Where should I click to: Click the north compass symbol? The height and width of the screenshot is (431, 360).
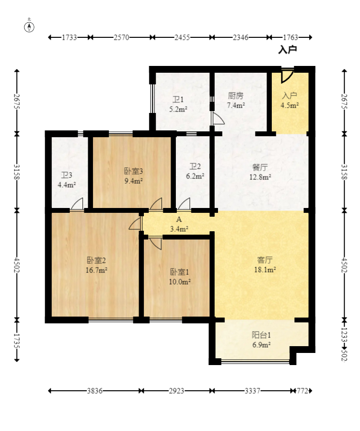[30, 26]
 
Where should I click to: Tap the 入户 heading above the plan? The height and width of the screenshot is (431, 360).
[287, 49]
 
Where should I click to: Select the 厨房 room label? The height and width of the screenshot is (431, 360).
[235, 96]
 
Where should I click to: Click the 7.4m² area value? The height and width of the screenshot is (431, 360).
[236, 105]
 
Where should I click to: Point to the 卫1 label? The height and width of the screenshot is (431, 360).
[178, 100]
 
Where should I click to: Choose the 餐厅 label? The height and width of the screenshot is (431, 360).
[260, 168]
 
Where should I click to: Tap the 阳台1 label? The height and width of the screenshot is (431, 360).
[261, 335]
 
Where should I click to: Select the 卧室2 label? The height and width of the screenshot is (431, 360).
[96, 261]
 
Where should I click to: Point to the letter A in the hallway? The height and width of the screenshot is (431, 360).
[179, 220]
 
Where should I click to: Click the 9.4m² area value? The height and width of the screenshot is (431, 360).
[133, 181]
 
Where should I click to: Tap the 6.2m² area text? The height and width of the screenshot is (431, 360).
[196, 176]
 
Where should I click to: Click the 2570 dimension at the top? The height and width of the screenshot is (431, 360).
[121, 37]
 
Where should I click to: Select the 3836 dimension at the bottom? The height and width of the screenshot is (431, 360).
[94, 391]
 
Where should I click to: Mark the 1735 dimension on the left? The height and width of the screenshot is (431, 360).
[17, 340]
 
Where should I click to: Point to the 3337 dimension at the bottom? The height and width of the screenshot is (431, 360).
[251, 391]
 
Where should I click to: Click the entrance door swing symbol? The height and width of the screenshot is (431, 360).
[287, 75]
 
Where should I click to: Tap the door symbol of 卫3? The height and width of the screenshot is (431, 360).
[77, 205]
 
